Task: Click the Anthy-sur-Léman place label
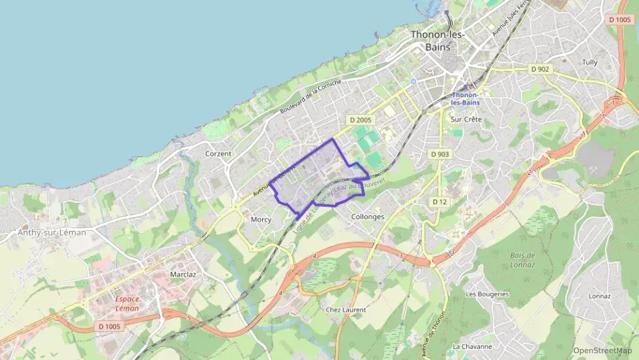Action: tap(52, 232)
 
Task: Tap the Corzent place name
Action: tap(218, 154)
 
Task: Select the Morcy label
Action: tap(261, 219)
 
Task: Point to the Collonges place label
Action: tap(367, 217)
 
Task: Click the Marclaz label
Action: tap(183, 275)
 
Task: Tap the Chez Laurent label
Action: tap(345, 309)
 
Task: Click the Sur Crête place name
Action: tap(466, 120)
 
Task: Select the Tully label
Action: tap(589, 62)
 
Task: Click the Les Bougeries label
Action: tap(487, 294)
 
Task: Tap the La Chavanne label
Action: tap(472, 346)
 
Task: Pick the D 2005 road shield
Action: tap(361, 120)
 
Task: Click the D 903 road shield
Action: tap(440, 154)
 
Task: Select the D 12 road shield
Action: tap(439, 202)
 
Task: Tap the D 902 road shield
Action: tap(539, 69)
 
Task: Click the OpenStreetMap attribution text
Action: tap(603, 350)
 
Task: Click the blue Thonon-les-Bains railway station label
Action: tap(466, 98)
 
